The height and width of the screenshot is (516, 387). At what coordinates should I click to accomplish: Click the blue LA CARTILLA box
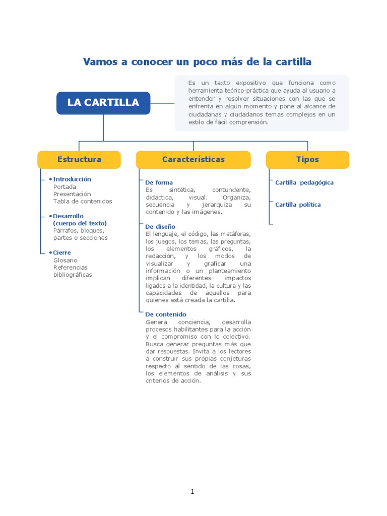(x=103, y=103)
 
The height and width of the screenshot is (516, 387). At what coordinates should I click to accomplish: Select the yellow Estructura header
(x=79, y=159)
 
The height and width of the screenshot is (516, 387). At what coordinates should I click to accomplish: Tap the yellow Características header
(x=193, y=159)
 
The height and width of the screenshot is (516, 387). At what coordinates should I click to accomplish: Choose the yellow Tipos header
(x=307, y=159)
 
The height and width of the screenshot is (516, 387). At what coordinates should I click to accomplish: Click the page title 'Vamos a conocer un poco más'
(x=197, y=62)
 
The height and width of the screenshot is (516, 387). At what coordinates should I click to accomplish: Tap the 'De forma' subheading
(x=159, y=182)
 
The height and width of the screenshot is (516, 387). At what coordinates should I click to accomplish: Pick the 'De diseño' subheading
(x=160, y=227)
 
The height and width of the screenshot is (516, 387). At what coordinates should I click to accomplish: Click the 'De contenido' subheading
(x=165, y=314)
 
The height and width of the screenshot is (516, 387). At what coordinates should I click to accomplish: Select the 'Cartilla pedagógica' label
(x=304, y=182)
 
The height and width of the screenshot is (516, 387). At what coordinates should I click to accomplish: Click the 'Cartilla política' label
(x=298, y=205)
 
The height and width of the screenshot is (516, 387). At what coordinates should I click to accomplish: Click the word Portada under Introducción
(x=64, y=186)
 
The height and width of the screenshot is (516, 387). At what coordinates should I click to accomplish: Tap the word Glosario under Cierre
(x=65, y=260)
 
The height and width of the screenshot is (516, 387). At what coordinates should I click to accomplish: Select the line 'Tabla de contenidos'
(x=83, y=201)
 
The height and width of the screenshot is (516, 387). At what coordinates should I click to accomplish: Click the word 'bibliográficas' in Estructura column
(x=73, y=275)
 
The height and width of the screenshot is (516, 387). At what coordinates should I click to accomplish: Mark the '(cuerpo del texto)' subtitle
(x=80, y=223)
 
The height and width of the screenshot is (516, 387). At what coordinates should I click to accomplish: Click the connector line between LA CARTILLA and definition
(x=162, y=103)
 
